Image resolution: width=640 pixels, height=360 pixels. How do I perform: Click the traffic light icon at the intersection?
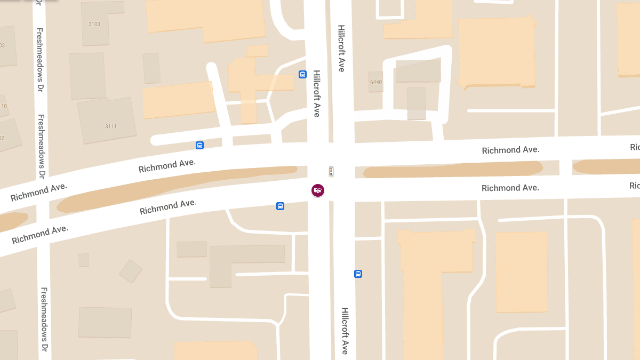(x=331, y=171)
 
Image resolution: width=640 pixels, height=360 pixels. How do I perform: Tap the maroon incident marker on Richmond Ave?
(x=318, y=190)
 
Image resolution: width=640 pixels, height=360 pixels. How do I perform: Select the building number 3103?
(x=95, y=24)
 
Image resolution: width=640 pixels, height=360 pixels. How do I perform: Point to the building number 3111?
(x=111, y=126)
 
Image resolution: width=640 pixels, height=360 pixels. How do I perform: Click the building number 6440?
(x=376, y=82)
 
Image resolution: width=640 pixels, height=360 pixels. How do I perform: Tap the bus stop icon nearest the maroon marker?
(x=280, y=206)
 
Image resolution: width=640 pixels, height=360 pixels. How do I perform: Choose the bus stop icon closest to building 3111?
(x=199, y=145)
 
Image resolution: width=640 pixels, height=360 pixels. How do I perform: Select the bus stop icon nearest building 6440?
(x=302, y=75)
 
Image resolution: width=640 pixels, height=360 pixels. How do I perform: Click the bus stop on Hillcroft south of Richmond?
(x=358, y=274)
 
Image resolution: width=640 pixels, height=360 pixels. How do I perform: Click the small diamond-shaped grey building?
(x=131, y=271)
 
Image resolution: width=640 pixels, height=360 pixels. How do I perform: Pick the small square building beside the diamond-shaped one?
(x=84, y=260)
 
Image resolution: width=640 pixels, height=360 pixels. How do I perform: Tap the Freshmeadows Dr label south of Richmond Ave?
(x=45, y=320)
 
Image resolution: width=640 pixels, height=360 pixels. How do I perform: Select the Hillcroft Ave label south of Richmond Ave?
(x=345, y=331)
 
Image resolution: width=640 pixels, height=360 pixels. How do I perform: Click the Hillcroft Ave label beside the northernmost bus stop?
(x=316, y=94)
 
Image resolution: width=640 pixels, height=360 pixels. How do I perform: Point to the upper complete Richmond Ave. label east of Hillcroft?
(x=510, y=150)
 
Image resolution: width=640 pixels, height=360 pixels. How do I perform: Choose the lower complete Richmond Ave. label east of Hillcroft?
(x=510, y=188)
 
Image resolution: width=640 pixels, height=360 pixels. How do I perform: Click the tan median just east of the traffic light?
(x=453, y=170)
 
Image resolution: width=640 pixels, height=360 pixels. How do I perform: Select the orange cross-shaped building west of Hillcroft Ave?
(x=251, y=83)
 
